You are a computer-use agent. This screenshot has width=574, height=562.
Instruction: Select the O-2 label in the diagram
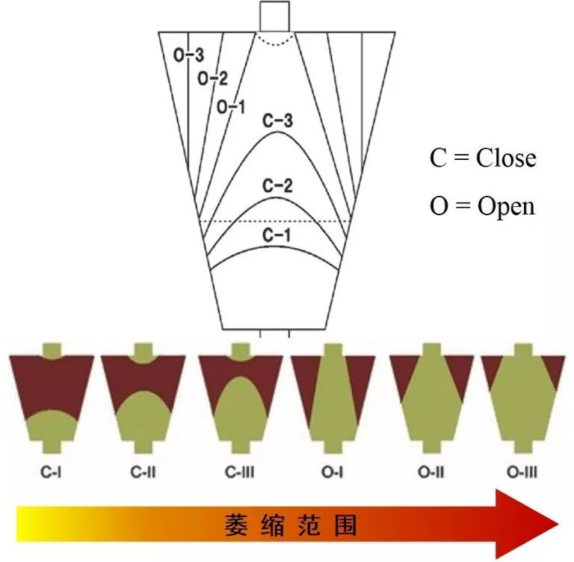212,78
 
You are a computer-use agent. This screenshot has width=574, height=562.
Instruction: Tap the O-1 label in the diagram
231,107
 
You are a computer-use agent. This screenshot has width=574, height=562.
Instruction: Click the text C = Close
482,158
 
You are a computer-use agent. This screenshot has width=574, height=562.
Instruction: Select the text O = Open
482,206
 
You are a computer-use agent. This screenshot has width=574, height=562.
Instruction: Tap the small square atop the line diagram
274,16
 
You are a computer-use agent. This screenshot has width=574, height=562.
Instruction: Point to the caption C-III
240,472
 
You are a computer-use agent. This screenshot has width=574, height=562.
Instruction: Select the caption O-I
332,472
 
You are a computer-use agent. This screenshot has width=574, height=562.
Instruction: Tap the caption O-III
522,472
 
